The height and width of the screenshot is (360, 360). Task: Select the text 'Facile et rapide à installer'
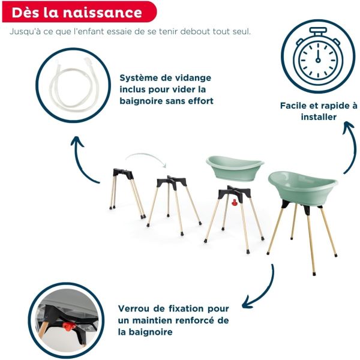coord(319,111)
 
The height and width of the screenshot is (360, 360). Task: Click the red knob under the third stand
coord(232,203)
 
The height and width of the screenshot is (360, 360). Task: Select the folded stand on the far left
coord(127,189)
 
